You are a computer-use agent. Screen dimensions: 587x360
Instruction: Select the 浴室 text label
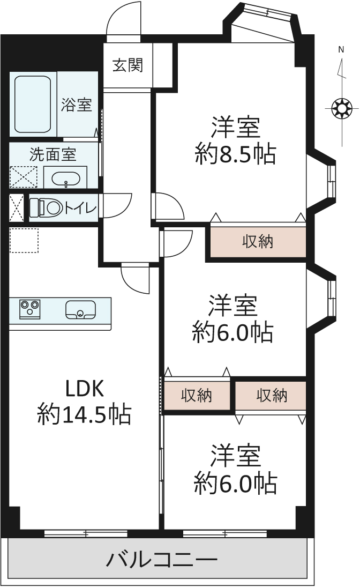click(76, 105)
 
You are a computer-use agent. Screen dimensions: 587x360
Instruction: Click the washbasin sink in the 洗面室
click(65, 177)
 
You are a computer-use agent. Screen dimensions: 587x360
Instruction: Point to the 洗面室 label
click(52, 155)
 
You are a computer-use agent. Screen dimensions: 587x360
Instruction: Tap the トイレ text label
click(80, 207)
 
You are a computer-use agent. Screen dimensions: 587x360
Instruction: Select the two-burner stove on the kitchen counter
click(30, 309)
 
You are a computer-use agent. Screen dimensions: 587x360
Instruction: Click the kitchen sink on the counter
click(80, 309)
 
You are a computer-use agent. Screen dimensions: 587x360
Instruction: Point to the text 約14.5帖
click(84, 414)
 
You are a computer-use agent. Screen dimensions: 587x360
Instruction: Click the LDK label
click(84, 387)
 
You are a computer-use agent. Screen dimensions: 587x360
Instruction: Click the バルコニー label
click(161, 560)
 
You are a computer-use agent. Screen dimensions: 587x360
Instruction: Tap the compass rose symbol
click(341, 109)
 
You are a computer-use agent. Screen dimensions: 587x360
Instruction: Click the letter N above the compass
click(341, 50)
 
